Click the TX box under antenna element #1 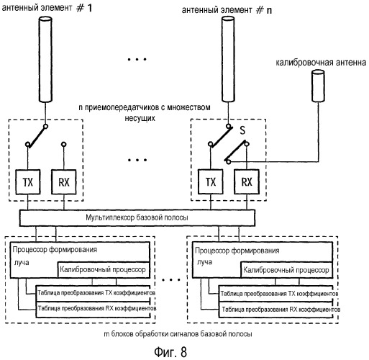pos(28,182)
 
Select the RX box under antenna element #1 pos(64,182)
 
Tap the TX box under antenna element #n pos(211,181)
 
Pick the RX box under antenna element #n pos(247,181)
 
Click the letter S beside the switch pos(242,130)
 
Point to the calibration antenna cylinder pos(318,86)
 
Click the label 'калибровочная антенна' pos(321,63)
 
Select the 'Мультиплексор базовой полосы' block pos(137,218)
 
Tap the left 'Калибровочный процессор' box pos(104,270)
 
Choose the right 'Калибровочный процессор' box pos(287,270)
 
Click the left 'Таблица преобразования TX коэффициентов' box pos(94,293)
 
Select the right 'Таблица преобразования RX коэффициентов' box pos(276,310)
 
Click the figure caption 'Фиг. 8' pos(170,352)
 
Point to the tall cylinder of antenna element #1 pos(45,59)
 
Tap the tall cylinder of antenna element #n pos(228,59)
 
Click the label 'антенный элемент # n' pos(227,10)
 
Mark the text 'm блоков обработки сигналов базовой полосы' pos(178,334)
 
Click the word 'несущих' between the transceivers pos(140,118)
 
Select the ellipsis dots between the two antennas pos(137,59)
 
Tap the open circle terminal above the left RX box pos(63,145)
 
